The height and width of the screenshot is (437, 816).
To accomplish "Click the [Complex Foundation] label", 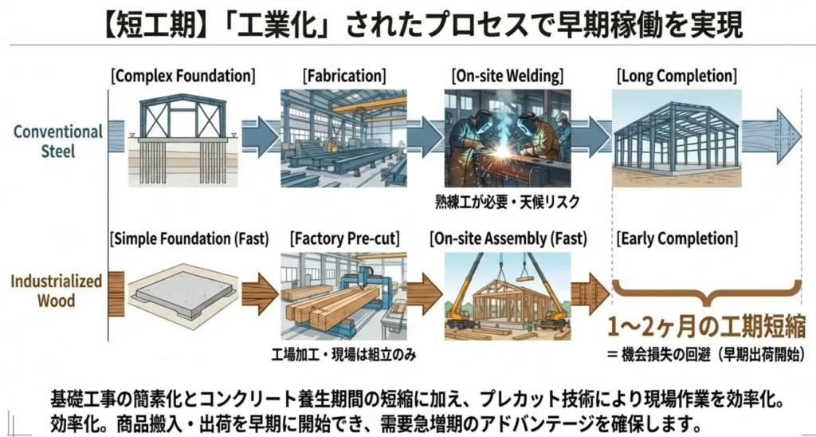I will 183,77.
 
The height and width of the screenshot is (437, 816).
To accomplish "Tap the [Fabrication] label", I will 344,77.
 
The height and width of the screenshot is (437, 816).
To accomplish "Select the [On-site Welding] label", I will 507,77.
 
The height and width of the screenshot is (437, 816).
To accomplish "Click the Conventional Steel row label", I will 58,140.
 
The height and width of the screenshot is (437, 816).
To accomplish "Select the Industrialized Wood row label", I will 56,290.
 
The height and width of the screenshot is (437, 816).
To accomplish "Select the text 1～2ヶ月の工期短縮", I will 705,327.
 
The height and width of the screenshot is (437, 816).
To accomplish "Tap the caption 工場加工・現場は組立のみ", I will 345,352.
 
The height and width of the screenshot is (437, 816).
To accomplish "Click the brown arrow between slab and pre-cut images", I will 259,295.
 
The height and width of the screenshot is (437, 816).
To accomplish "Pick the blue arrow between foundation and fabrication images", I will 259,137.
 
